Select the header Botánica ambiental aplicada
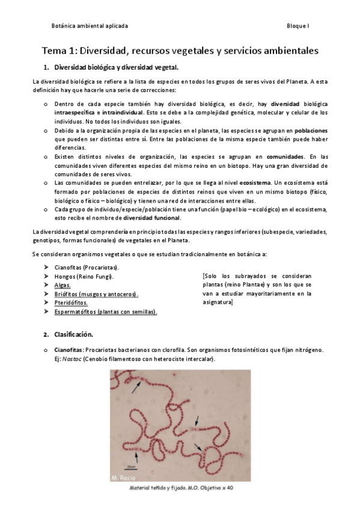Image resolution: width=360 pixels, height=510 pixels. click(x=90, y=26)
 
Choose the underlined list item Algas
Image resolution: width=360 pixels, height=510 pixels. click(x=62, y=285)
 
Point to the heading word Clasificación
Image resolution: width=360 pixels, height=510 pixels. click(x=75, y=334)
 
